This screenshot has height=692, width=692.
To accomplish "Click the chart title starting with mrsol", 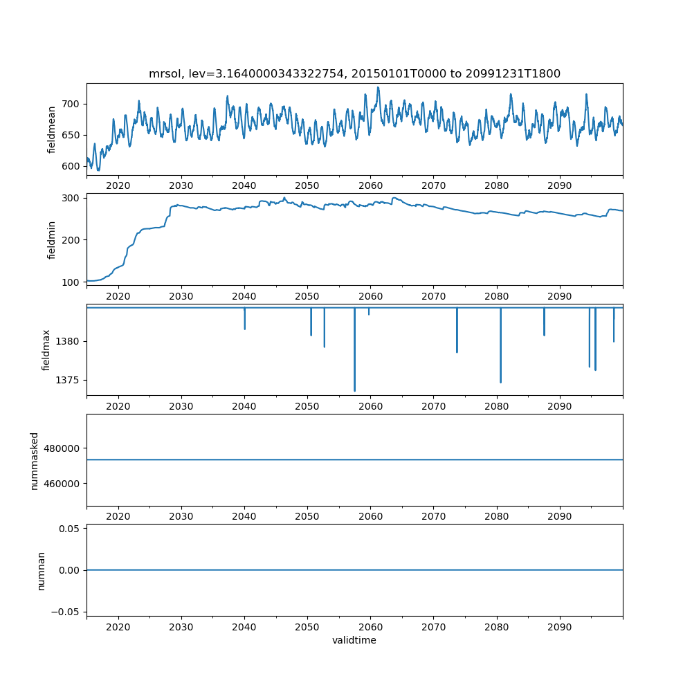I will tap(354, 73).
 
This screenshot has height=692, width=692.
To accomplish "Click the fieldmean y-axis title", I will tap(51, 130).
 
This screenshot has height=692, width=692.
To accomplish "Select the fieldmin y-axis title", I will tap(51, 239).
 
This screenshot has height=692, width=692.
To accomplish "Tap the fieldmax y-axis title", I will tap(46, 349).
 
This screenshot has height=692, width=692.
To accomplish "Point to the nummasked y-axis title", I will tap(35, 460).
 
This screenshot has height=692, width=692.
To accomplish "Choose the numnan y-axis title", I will tap(41, 570).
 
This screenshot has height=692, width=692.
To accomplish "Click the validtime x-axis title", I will tap(354, 641).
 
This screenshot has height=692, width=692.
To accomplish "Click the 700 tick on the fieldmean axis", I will tap(71, 104).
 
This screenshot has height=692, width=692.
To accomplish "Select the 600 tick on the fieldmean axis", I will tap(71, 166).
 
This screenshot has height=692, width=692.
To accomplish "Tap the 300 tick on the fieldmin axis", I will tap(71, 198).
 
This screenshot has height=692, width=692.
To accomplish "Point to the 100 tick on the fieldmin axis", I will tap(71, 282).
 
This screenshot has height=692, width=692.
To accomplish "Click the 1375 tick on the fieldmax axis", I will tap(68, 380).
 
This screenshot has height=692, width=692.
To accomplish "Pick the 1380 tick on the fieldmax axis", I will tap(68, 341).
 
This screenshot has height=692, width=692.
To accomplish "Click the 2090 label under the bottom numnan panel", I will tap(559, 628).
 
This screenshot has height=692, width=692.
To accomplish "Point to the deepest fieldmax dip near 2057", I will tap(355, 390).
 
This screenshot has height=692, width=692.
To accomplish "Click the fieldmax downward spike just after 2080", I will tap(500, 381).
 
